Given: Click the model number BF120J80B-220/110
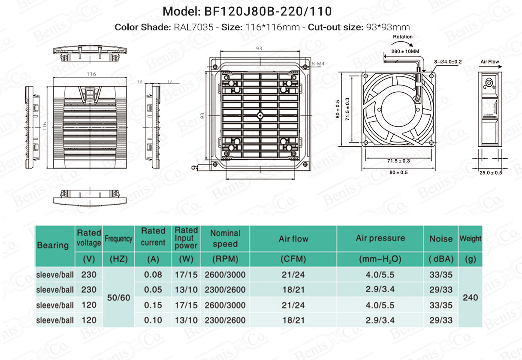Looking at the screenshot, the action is pyautogui.click(x=268, y=11).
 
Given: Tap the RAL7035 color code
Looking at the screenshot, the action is pyautogui.click(x=193, y=27).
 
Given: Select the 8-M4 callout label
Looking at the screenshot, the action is pyautogui.click(x=318, y=64).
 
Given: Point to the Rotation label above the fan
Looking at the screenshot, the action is pyautogui.click(x=403, y=36).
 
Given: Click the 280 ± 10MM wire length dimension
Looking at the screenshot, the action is pyautogui.click(x=405, y=51).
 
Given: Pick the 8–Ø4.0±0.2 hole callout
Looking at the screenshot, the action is pyautogui.click(x=448, y=62).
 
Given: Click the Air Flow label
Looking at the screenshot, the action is pyautogui.click(x=489, y=62).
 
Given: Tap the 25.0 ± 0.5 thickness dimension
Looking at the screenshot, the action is pyautogui.click(x=491, y=173).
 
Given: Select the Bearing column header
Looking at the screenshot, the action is pyautogui.click(x=53, y=245).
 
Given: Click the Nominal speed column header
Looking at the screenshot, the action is pyautogui.click(x=225, y=239).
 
